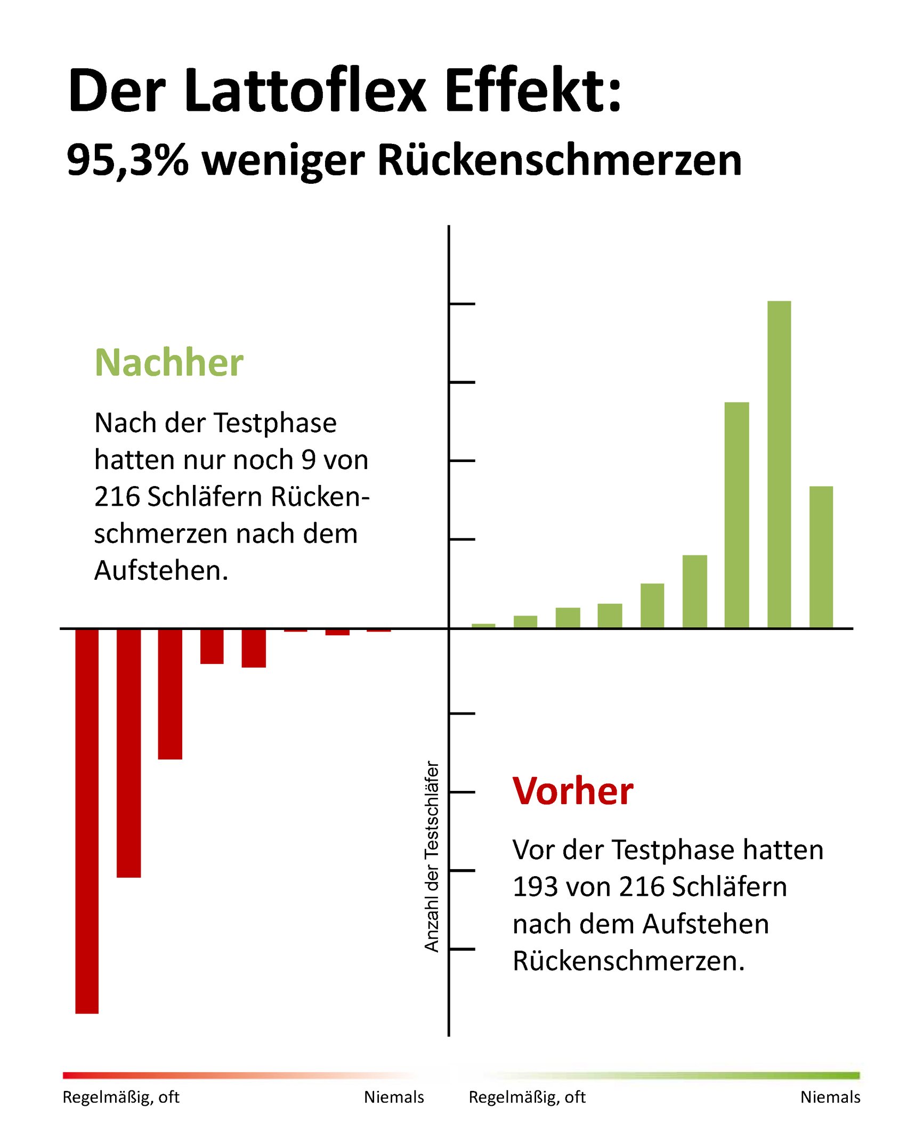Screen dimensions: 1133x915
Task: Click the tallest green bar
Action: (779, 464)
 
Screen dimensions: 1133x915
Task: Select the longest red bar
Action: (87, 821)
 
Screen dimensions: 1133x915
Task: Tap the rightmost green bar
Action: (821, 557)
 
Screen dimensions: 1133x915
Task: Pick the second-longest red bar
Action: (128, 751)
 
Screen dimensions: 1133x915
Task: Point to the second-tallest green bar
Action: (736, 514)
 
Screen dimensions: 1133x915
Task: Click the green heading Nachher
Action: (169, 363)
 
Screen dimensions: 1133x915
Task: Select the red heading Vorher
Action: (572, 791)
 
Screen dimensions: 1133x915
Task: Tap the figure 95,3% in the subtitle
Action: (127, 160)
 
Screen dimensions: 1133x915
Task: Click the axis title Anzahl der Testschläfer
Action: (432, 856)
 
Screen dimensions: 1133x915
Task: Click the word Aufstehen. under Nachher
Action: (161, 570)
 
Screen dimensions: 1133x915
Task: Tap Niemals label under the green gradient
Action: (830, 1097)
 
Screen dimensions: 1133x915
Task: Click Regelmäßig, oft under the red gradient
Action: (121, 1097)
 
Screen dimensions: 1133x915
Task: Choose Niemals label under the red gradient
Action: (394, 1097)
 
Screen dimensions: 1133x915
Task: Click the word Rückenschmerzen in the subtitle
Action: (560, 160)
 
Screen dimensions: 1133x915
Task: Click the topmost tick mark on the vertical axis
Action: (462, 304)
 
